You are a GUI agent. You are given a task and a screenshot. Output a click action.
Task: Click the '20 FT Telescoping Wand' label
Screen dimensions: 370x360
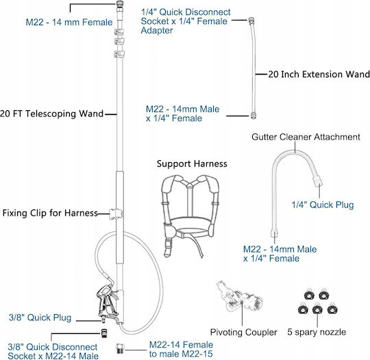pos(51,114)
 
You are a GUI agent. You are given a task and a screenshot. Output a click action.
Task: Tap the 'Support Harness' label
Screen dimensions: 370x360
pos(192,164)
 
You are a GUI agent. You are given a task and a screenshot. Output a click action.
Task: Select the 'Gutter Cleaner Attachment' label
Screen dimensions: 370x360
pos(306,137)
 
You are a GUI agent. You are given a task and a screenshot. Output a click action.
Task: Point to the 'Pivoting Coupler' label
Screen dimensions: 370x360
pos(243,333)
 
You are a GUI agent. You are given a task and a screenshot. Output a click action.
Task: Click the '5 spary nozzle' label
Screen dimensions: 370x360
pos(317,332)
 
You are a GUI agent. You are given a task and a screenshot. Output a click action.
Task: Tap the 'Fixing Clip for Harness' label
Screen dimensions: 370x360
pos(50,213)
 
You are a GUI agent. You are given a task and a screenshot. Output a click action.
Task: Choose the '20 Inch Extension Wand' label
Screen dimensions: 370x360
pos(319,75)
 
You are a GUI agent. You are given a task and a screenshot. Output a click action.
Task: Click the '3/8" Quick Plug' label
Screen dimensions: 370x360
pos(40,318)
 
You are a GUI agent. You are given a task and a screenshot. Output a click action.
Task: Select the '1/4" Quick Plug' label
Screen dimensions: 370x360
pos(323,205)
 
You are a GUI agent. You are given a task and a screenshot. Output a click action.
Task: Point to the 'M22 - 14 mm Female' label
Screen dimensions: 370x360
pos(69,23)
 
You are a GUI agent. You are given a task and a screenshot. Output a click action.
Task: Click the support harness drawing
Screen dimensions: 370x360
pos(190,216)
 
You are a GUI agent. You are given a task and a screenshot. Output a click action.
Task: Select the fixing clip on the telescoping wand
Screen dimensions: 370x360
pos(116,214)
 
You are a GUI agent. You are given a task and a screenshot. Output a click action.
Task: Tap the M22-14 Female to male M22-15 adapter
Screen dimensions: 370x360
pos(120,348)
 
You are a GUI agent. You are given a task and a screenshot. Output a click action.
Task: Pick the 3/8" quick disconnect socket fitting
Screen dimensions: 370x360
pos(104,333)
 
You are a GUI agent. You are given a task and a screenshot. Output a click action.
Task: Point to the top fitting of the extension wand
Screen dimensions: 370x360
pos(251,21)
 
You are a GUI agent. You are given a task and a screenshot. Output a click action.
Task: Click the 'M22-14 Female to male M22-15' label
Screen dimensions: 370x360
pos(181,349)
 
